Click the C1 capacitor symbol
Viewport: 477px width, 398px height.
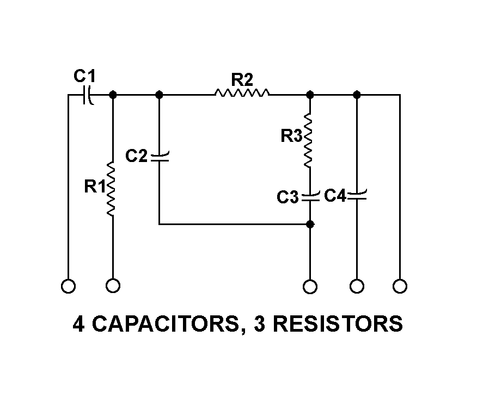point(88,95)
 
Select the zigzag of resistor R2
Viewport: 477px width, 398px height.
point(242,94)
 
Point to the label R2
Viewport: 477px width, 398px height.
point(242,79)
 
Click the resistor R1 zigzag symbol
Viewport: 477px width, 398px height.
point(112,189)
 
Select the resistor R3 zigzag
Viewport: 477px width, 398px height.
point(309,140)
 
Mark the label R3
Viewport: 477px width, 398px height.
point(291,136)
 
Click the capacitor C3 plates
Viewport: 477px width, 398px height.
point(309,196)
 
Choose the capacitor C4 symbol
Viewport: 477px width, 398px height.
point(357,195)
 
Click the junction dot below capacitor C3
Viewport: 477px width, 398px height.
point(310,223)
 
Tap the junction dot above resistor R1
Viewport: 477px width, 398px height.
point(113,95)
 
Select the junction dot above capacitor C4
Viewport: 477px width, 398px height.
point(357,95)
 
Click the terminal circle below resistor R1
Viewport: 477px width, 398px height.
point(113,285)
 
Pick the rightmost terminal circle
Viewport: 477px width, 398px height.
point(400,286)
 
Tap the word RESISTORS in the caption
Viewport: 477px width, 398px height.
point(337,324)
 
